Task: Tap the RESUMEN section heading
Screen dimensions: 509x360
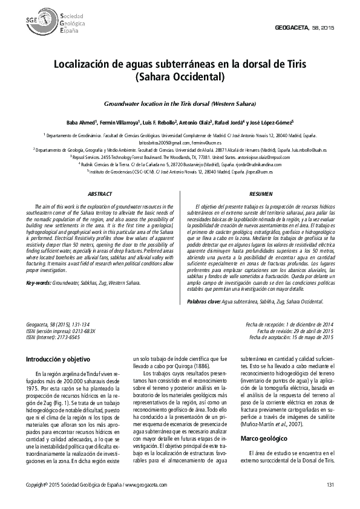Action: [x=261, y=194]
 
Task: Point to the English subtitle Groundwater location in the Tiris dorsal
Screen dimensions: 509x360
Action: [x=180, y=104]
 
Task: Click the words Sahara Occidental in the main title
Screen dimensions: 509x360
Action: [x=180, y=77]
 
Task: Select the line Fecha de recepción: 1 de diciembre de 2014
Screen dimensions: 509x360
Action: [x=289, y=325]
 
